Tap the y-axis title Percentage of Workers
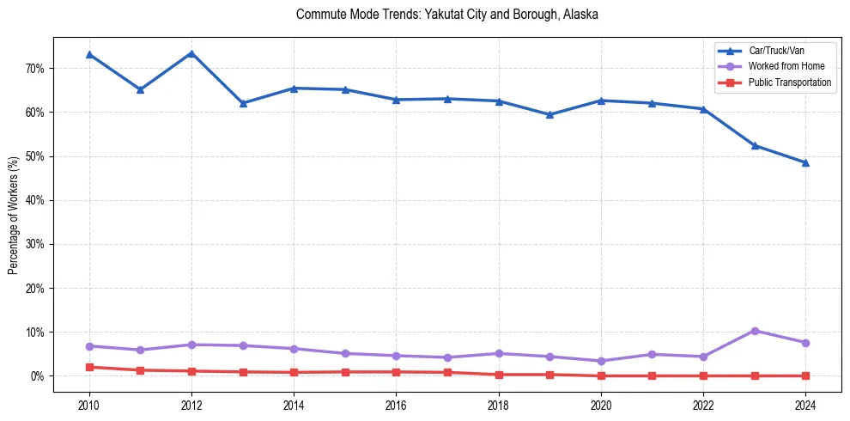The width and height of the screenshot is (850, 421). click(14, 215)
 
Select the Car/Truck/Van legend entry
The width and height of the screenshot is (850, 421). click(776, 51)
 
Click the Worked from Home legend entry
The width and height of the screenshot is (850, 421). click(786, 66)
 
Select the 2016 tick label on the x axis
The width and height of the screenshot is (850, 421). click(396, 404)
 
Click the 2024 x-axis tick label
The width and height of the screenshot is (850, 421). click(805, 404)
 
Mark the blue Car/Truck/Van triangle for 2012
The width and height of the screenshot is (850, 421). click(191, 53)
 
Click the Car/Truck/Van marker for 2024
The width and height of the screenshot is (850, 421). click(805, 162)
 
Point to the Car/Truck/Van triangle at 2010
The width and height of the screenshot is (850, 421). click(89, 55)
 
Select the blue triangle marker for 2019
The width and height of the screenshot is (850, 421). click(549, 114)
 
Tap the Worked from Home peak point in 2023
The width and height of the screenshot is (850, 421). click(755, 331)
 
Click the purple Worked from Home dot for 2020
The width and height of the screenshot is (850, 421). click(601, 361)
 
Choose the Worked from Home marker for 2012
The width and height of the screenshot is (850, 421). click(191, 345)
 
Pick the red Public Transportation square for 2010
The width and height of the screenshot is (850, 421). click(89, 367)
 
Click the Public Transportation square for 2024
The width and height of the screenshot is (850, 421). click(805, 375)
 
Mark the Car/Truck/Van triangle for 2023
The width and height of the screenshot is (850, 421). click(755, 145)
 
